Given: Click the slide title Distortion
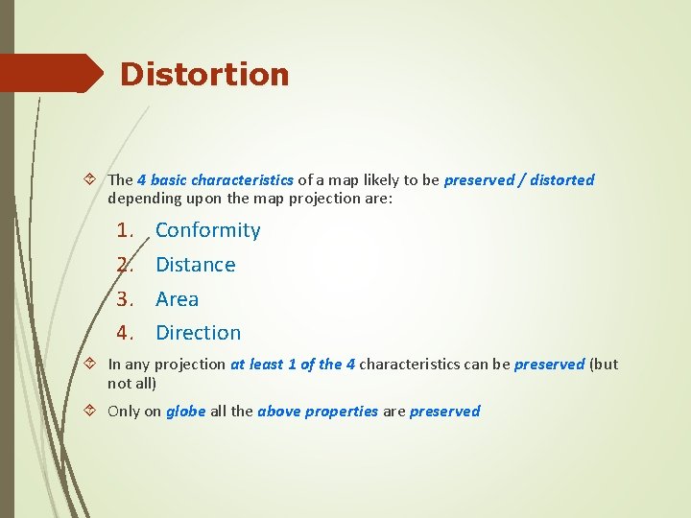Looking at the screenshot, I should [x=204, y=74].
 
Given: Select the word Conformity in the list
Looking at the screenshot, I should [x=207, y=230].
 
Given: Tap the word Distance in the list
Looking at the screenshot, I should [x=195, y=265].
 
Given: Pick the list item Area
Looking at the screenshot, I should [x=177, y=299].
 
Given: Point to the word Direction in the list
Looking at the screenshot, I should [x=198, y=333].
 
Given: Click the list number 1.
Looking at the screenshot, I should [x=124, y=230].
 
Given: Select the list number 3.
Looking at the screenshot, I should [x=124, y=299].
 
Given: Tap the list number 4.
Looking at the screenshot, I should [x=124, y=333].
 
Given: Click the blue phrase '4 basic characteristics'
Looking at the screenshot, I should [x=215, y=180].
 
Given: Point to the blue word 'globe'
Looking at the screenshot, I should [x=185, y=412].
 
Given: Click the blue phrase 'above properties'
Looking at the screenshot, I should [x=317, y=412].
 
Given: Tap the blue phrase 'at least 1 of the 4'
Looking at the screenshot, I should [x=292, y=365].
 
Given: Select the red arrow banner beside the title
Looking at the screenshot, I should [x=53, y=73].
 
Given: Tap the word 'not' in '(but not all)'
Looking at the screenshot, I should [x=118, y=383].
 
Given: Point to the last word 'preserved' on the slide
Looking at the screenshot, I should [x=444, y=412].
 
